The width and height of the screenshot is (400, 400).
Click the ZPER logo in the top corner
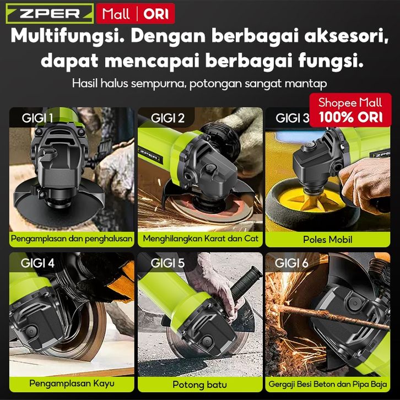[x=50, y=14]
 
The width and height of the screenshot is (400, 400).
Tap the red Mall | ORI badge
[x=136, y=14]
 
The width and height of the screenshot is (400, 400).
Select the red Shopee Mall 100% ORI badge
[x=350, y=110]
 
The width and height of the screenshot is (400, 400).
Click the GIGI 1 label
[x=37, y=118]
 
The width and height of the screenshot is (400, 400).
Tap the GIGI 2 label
[x=167, y=118]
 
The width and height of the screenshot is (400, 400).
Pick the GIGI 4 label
[x=37, y=263]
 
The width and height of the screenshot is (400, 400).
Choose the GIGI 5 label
[x=167, y=263]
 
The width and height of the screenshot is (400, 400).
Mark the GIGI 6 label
[x=291, y=263]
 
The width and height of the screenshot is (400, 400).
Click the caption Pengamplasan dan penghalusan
[x=72, y=239]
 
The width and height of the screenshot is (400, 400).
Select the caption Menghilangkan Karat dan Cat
[x=201, y=239]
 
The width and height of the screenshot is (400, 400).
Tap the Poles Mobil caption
[x=328, y=240]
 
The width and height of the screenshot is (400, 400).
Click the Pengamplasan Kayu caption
[x=72, y=383]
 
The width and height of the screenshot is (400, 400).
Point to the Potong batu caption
[x=200, y=385]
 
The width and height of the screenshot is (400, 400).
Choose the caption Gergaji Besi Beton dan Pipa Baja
[x=328, y=384]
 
